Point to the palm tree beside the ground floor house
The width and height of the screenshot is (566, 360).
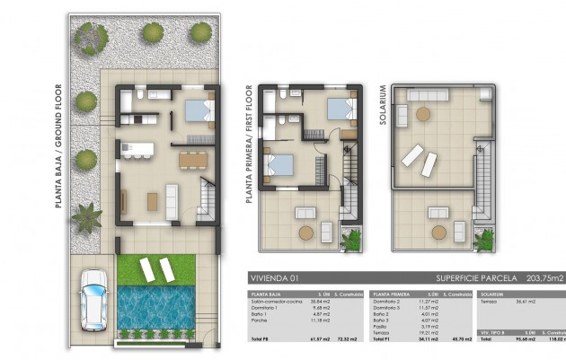[x=88, y=218]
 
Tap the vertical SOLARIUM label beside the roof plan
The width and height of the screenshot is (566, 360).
[x=383, y=105]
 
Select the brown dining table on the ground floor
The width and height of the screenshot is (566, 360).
[x=191, y=161]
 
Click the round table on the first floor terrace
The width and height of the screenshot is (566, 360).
[x=306, y=233]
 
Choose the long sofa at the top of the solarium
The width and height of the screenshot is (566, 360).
[x=429, y=95]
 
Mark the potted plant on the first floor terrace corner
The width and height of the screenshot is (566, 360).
[x=351, y=240]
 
